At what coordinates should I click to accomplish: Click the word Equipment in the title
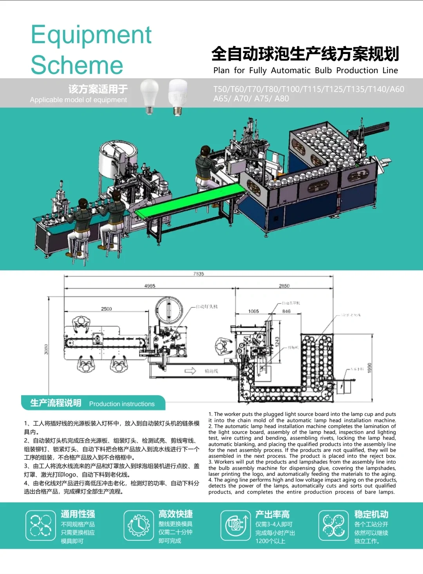[x=91, y=35]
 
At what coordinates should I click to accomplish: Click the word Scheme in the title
[x=77, y=65]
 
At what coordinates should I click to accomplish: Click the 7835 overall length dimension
[x=199, y=274]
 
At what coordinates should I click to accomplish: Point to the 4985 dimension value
[x=150, y=286]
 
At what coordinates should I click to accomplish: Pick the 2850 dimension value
[x=284, y=286]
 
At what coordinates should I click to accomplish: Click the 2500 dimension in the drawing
[x=107, y=309]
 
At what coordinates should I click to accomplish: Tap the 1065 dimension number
[x=253, y=311]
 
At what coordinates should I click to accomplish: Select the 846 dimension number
[x=286, y=311]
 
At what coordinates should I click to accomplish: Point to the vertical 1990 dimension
[x=369, y=367]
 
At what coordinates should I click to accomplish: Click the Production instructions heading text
[x=122, y=404]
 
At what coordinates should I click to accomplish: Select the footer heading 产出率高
[x=273, y=514]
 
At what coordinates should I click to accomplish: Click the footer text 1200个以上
[x=270, y=541]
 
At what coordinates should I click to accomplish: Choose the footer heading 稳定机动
[x=371, y=514]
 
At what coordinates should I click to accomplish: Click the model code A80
[x=282, y=99]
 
